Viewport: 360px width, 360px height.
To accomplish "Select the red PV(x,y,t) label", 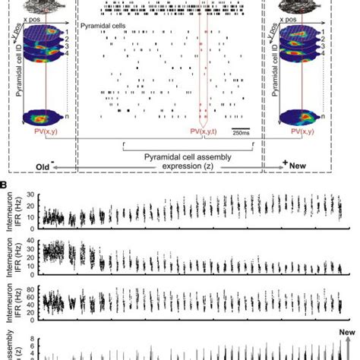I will (x=203, y=134).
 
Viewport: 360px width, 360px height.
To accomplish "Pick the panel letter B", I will (x=5, y=184).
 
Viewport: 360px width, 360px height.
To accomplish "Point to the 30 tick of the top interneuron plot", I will (x=33, y=195).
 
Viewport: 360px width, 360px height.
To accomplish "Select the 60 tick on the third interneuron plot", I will (x=33, y=297).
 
